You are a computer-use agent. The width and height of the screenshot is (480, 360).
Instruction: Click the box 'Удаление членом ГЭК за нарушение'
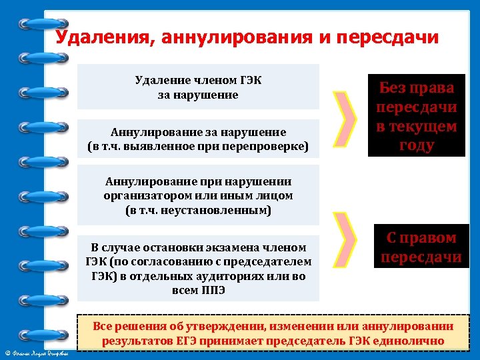point(198,87)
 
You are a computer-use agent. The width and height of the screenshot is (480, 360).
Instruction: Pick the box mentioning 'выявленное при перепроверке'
point(198,139)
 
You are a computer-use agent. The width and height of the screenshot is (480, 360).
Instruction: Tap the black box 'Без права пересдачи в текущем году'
point(416,116)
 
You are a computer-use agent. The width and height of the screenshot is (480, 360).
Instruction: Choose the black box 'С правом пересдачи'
point(421,247)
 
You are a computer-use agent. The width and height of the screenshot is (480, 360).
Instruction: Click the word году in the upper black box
point(416,145)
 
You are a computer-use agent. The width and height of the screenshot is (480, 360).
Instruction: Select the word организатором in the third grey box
point(143,195)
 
